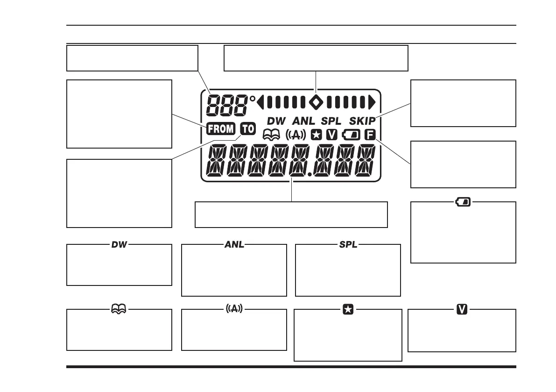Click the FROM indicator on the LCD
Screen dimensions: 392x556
221,128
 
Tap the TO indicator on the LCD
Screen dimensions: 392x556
248,128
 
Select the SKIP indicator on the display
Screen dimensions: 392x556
362,121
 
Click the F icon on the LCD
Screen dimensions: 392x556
370,135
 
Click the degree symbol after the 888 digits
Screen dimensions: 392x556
253,99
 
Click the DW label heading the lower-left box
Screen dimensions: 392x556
119,244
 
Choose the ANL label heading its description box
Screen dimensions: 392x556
234,244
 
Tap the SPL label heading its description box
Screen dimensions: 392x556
348,244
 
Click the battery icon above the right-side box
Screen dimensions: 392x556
464,202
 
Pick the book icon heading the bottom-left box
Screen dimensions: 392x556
119,309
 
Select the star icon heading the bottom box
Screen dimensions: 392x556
348,309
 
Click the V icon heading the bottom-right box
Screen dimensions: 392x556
462,309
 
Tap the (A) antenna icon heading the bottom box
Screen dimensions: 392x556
233,309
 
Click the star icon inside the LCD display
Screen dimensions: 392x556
316,135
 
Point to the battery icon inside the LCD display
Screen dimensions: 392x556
350,135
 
